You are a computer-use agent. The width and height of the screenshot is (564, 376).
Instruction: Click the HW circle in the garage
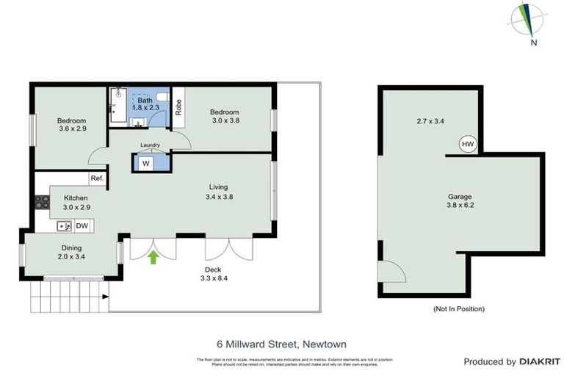pos(468,144)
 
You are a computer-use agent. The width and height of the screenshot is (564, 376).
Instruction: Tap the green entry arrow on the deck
pos(153,257)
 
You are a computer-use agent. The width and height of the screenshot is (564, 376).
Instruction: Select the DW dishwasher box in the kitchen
pos(82,225)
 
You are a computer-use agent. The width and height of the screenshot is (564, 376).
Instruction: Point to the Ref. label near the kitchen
pos(97,178)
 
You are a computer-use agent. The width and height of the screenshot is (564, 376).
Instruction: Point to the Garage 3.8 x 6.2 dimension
pos(460,201)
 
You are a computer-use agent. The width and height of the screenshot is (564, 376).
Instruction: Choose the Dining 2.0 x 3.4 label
pos(71,253)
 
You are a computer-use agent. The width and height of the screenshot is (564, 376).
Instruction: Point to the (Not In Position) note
pos(459,308)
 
